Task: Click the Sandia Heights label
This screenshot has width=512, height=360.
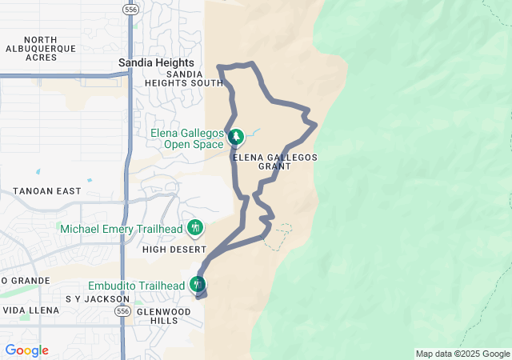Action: tap(156, 62)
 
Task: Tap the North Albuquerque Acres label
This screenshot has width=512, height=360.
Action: tap(40, 48)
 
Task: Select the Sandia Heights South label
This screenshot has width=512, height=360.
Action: tap(184, 78)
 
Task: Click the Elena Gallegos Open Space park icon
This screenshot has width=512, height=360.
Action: tap(235, 138)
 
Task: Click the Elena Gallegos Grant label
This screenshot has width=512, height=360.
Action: tap(275, 162)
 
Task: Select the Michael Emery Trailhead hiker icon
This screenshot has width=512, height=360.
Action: tap(194, 229)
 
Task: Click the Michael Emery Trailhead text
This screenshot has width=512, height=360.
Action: tap(122, 229)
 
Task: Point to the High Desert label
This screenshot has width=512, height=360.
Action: tap(174, 250)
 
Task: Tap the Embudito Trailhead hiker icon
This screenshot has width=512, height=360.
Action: tap(197, 284)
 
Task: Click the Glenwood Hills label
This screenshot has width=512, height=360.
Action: tap(164, 315)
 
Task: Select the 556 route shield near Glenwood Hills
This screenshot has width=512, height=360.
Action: tap(122, 310)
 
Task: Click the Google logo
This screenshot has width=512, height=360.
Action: tap(26, 350)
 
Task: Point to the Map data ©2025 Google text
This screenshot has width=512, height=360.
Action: tap(462, 354)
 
